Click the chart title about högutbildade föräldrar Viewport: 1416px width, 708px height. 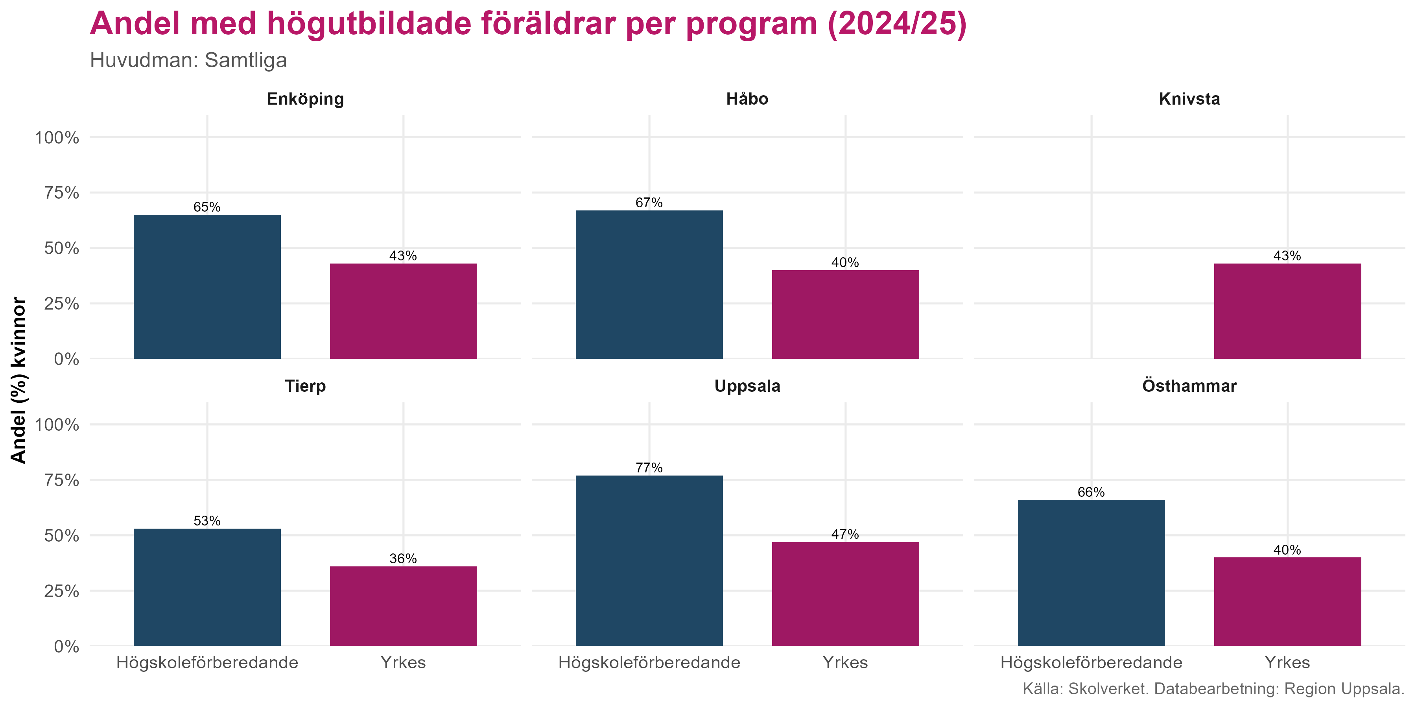click(528, 24)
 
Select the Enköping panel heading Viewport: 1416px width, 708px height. click(305, 99)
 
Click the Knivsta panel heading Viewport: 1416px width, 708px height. click(1189, 99)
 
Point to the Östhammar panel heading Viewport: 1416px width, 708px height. click(1189, 386)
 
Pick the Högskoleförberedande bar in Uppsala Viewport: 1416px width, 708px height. click(649, 560)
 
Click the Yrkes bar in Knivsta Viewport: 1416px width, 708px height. click(1287, 311)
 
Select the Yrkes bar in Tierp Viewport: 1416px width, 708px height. click(403, 606)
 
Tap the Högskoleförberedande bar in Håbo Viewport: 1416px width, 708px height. click(649, 285)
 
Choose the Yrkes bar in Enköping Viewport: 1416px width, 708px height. click(403, 311)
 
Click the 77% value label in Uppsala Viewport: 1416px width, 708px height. click(649, 468)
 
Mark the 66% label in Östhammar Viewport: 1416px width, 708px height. click(1091, 492)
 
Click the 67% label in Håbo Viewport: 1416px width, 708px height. click(649, 203)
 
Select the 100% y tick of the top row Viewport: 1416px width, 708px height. click(57, 137)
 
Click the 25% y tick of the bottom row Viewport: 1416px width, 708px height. click(62, 591)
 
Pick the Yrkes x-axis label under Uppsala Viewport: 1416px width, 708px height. click(845, 662)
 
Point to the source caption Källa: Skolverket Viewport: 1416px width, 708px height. click(1213, 689)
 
